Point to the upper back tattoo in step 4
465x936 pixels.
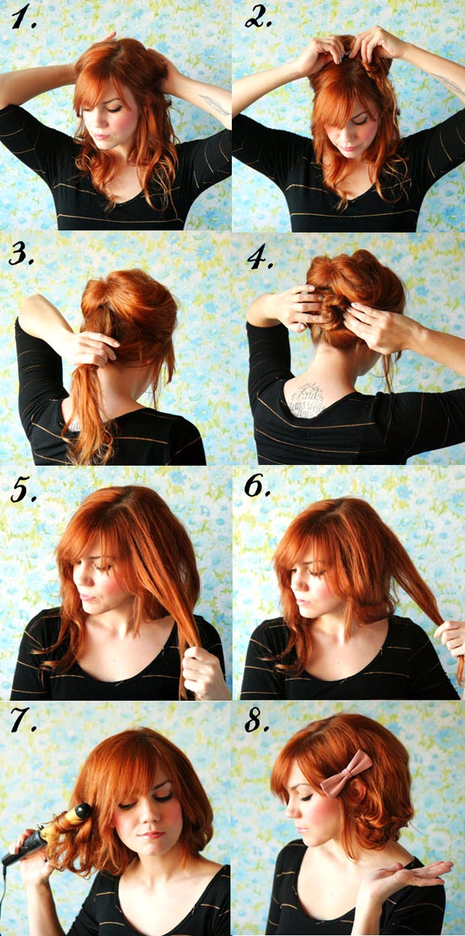pos(307,400)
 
